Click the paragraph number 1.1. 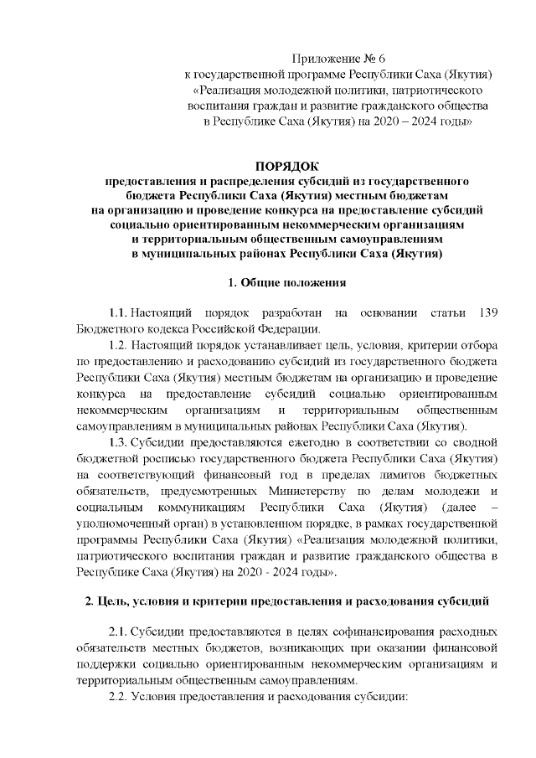(x=119, y=313)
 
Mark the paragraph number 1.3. (x=119, y=441)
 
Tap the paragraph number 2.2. (x=119, y=696)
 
